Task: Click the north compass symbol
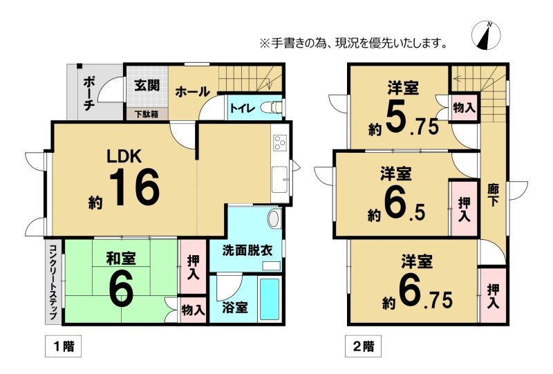pyautogui.click(x=486, y=35)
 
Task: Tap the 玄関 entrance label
pyautogui.click(x=147, y=86)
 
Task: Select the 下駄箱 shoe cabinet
pyautogui.click(x=147, y=114)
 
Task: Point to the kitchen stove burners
pyautogui.click(x=281, y=142)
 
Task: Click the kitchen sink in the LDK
pyautogui.click(x=280, y=180)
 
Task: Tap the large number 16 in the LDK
pyautogui.click(x=134, y=187)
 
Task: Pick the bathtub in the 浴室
pyautogui.click(x=270, y=299)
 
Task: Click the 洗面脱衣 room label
pyautogui.click(x=247, y=250)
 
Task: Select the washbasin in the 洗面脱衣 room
pyautogui.click(x=274, y=219)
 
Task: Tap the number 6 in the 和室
pyautogui.click(x=121, y=291)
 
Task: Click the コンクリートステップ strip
pyautogui.click(x=53, y=282)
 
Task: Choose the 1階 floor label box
pyautogui.click(x=63, y=346)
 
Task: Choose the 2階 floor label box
pyautogui.click(x=363, y=346)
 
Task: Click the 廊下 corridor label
pyautogui.click(x=493, y=195)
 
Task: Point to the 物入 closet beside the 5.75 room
pyautogui.click(x=464, y=107)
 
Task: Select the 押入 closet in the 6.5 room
pyautogui.click(x=464, y=208)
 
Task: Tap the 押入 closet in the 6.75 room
pyautogui.click(x=493, y=296)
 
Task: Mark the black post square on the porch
pyautogui.click(x=79, y=66)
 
